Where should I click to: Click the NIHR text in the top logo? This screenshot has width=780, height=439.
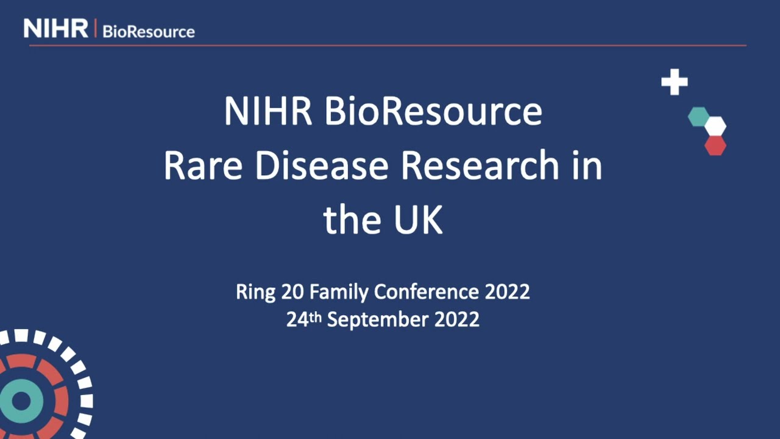tap(55, 29)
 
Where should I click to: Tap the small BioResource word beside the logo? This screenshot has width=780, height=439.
tap(149, 32)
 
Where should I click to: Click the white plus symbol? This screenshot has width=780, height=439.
tap(675, 82)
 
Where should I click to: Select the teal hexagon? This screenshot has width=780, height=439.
tap(698, 116)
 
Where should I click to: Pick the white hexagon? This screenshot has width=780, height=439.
tap(715, 126)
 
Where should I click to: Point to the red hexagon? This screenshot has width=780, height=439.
tap(715, 146)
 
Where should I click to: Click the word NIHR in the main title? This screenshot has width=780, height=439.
tap(269, 112)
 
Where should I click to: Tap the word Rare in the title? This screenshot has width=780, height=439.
tap(204, 166)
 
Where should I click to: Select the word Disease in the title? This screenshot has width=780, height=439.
tap(321, 166)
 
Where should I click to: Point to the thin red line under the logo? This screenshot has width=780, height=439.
tap(388, 45)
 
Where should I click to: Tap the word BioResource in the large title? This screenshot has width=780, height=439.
tap(433, 112)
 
